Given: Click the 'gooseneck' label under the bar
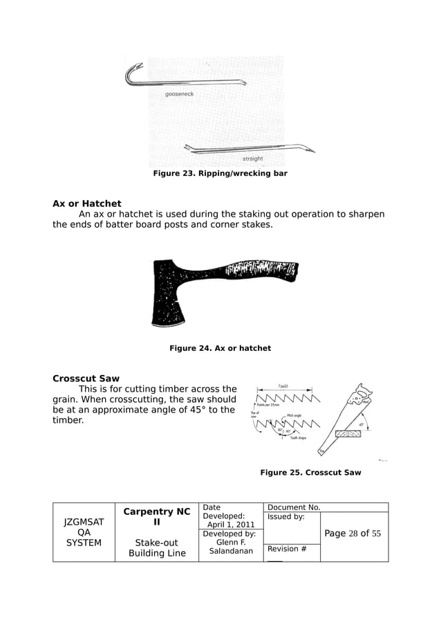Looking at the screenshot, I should (179, 93).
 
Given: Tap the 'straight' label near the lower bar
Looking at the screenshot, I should (252, 158).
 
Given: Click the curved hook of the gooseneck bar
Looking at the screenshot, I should (132, 71).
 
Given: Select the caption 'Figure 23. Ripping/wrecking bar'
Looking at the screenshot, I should (220, 173).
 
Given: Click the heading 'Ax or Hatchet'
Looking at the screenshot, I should (87, 203).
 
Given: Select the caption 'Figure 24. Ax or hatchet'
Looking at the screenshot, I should (220, 348).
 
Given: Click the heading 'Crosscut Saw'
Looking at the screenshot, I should (86, 379).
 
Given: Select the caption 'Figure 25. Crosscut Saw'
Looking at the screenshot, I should (310, 473).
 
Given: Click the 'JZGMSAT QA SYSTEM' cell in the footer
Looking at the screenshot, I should (83, 532).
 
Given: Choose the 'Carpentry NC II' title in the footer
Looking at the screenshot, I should (156, 517).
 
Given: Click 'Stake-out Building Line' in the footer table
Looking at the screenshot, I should (156, 547).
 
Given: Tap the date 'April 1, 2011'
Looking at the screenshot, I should (231, 525).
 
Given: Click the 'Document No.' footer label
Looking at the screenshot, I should (294, 507).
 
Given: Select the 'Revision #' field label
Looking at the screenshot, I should (287, 549).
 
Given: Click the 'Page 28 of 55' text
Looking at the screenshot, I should (353, 533).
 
